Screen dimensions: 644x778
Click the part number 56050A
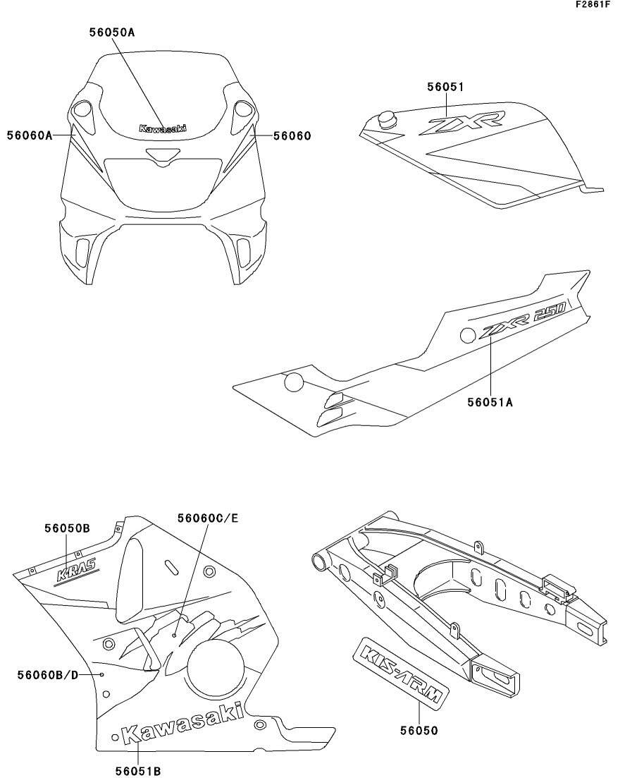coord(112,32)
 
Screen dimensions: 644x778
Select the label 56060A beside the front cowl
coord(30,135)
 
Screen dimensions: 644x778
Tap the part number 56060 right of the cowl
coord(292,136)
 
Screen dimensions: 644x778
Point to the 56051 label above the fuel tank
coord(446,87)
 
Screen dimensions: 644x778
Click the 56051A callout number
coord(490,402)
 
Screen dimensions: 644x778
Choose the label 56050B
coord(68,528)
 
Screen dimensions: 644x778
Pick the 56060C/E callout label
coord(209,518)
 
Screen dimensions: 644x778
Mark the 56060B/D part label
coord(48,675)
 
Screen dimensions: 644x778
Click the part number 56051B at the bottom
coord(138,770)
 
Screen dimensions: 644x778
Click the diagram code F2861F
coord(593,4)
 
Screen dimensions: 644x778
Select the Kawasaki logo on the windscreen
coord(163,128)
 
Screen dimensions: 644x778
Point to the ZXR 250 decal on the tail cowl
coord(522,322)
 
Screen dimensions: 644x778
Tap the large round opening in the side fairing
coord(216,667)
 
